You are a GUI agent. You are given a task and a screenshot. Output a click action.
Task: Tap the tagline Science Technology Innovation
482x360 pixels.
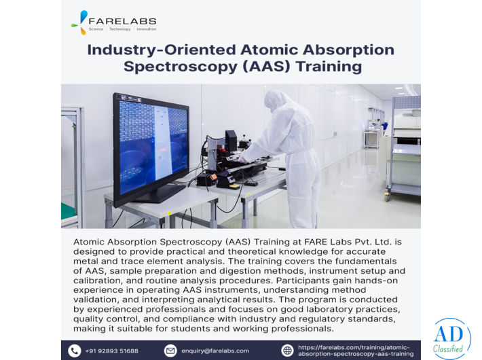[x=122, y=29]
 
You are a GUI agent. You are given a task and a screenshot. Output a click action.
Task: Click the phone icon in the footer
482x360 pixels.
[x=75, y=350]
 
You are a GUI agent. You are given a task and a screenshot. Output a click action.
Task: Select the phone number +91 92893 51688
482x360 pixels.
[x=112, y=351]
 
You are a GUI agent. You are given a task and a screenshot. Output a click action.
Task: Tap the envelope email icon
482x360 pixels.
[x=170, y=350]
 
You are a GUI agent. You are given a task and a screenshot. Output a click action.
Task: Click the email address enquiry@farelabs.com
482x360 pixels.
[x=215, y=351]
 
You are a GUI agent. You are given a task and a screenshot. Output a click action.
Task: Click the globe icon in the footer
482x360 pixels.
[x=288, y=350]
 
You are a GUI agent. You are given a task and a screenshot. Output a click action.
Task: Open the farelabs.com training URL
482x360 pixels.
[x=354, y=350]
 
